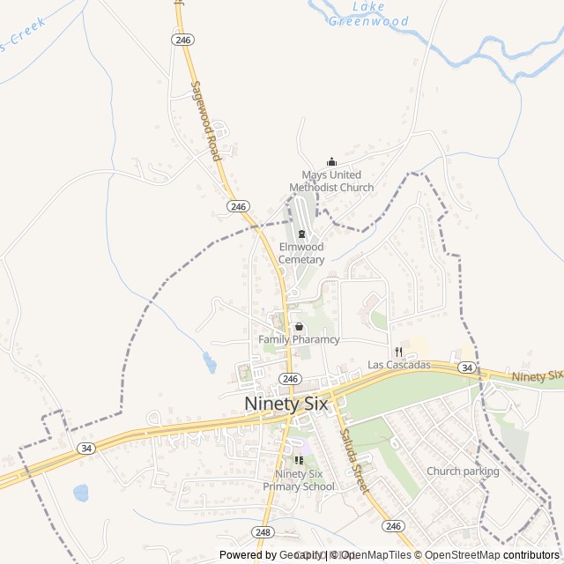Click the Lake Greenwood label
(x=368, y=14)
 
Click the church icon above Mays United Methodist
(x=331, y=161)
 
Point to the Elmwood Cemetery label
(x=301, y=254)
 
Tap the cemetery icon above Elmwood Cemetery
(x=301, y=234)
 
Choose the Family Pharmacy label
(x=299, y=339)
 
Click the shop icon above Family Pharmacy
(x=299, y=326)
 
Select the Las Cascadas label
(x=399, y=365)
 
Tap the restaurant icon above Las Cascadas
(x=399, y=352)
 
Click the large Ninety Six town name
(x=286, y=404)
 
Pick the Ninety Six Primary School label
(x=299, y=480)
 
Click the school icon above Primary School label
(x=299, y=460)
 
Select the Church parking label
(x=463, y=471)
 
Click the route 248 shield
(x=263, y=532)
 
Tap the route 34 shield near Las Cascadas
(x=467, y=367)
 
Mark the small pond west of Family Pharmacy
(x=209, y=361)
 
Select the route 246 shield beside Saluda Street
(x=393, y=525)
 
